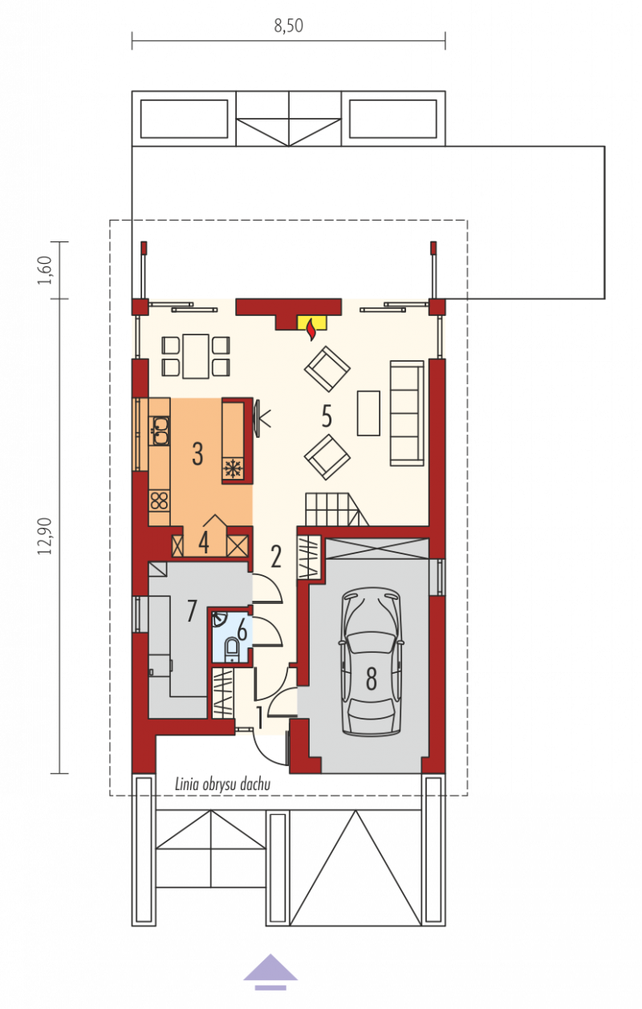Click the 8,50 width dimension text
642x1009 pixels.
point(289,26)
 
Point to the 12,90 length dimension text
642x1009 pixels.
point(46,536)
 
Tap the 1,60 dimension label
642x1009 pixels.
point(46,269)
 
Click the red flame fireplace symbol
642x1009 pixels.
point(311,330)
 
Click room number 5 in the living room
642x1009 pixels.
point(327,415)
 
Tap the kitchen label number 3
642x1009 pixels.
point(197,454)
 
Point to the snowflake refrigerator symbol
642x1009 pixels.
point(233,468)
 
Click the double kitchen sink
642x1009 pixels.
point(159,431)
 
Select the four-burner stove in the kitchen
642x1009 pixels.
point(159,500)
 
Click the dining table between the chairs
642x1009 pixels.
point(196,356)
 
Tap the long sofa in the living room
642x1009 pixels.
point(407,412)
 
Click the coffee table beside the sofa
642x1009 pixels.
point(368,413)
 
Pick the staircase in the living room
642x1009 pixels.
point(337,509)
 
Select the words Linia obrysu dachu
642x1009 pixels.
point(223,784)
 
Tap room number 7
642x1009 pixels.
point(192,610)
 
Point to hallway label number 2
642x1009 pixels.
point(276,557)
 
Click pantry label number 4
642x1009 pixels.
point(204,542)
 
